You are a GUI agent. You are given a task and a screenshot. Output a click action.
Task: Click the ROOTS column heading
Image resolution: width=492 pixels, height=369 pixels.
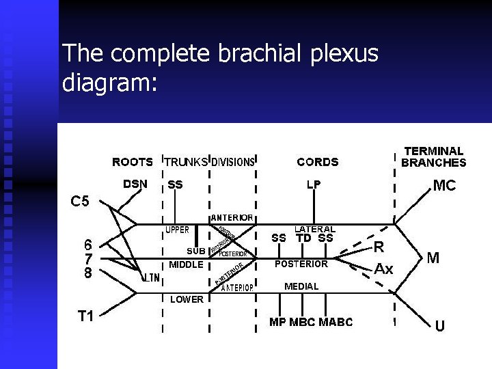133,162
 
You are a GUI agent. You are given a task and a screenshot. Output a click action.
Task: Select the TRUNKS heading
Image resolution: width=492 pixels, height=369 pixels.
186,162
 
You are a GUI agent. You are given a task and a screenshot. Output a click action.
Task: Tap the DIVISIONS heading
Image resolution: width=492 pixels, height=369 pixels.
233,162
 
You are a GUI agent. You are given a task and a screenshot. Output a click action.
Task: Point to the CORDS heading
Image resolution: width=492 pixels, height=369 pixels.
317,162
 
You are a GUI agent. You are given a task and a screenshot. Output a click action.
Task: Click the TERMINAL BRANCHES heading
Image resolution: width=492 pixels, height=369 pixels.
433,156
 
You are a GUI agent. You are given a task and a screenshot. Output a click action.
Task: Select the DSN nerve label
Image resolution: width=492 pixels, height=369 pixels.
135,184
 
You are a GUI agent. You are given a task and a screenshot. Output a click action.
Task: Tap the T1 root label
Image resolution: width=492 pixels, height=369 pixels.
85,316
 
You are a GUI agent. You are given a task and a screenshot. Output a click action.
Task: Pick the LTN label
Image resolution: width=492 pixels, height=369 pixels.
151,278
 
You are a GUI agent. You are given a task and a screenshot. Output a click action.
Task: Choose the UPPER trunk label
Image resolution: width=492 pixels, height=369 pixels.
178,230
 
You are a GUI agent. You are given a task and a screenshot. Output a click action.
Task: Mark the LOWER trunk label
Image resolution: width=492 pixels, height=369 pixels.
187,299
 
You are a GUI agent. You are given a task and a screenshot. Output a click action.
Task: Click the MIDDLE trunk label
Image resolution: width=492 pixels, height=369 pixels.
186,264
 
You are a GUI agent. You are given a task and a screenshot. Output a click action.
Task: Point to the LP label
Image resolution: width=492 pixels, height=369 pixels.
314,184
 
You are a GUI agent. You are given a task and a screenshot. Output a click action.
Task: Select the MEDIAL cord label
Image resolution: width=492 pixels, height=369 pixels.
301,286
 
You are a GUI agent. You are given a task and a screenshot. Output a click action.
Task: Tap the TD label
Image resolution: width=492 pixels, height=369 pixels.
303,238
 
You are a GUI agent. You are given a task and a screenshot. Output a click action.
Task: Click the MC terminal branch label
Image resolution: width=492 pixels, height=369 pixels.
444,186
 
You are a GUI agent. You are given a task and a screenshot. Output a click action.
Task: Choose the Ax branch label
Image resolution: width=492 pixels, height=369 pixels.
383,269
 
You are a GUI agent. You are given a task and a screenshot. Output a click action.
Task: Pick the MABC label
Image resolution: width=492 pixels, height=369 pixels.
336,322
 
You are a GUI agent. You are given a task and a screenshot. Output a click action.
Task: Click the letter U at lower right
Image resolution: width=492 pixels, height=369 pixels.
439,326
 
